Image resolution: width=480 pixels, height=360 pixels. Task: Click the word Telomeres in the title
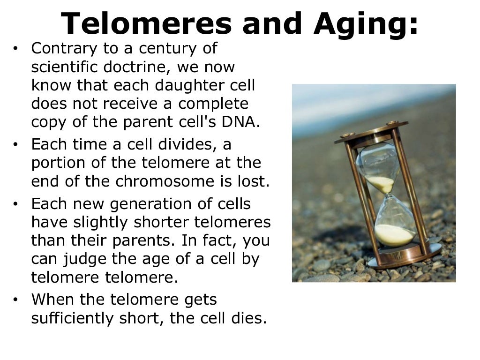click(x=146, y=23)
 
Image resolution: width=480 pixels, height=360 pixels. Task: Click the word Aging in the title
click(x=366, y=24)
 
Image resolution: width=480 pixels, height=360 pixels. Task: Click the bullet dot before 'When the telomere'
click(x=16, y=300)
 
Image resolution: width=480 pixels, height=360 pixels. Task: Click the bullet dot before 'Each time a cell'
click(x=16, y=145)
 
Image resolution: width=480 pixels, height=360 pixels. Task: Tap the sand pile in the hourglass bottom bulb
click(x=394, y=234)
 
